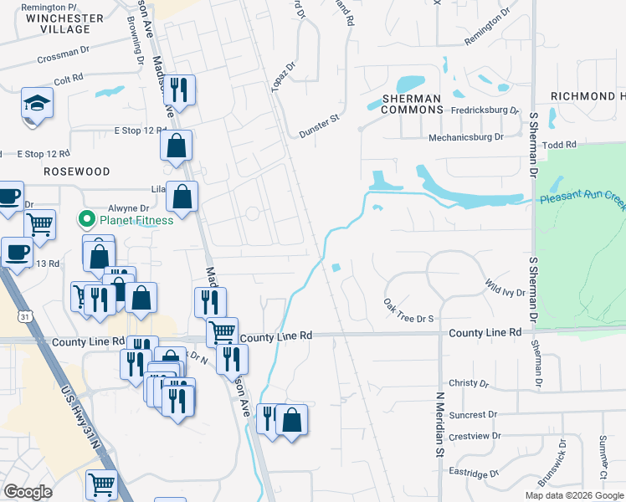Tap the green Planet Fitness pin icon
pyautogui.click(x=85, y=220)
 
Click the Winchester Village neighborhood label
pyautogui.click(x=64, y=23)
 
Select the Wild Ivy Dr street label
pyautogui.click(x=505, y=289)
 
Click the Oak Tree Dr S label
pyautogui.click(x=408, y=310)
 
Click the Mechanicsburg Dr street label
pyautogui.click(x=465, y=137)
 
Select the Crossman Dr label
pyautogui.click(x=63, y=55)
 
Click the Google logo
pyautogui.click(x=28, y=492)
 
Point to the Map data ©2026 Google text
pyautogui.click(x=574, y=495)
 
